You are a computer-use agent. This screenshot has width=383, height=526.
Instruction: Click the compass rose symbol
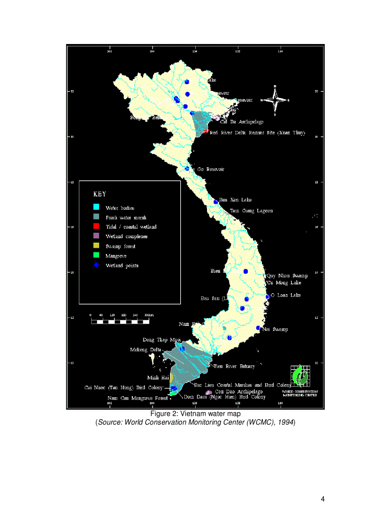click(275, 100)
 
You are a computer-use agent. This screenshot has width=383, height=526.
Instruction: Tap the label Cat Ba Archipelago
click(242, 122)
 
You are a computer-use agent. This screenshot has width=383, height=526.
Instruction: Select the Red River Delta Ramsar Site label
click(257, 133)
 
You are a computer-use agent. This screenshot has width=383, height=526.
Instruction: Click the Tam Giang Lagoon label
click(251, 211)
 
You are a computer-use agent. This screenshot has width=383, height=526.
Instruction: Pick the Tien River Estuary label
click(234, 366)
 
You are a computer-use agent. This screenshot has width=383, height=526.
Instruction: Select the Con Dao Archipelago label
click(235, 392)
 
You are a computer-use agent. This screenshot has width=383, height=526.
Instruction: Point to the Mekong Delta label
click(146, 349)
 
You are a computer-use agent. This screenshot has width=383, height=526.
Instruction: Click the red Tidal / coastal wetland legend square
click(96, 226)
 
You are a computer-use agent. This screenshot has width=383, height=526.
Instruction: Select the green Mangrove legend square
click(96, 255)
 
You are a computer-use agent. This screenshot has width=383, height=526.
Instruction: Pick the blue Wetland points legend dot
click(96, 265)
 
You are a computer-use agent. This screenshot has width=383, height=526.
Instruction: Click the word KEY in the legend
click(100, 194)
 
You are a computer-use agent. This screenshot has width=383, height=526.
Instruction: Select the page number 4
click(322, 498)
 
